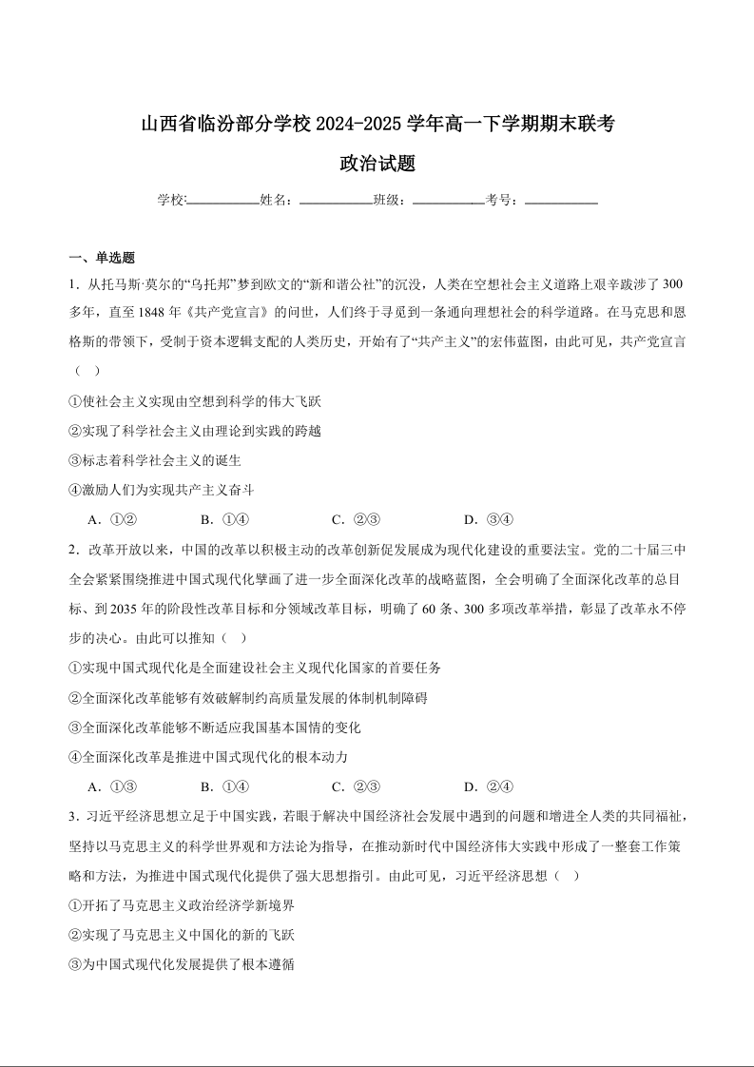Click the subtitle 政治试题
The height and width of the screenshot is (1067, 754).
[x=377, y=164]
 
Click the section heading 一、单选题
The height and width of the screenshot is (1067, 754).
[x=102, y=258]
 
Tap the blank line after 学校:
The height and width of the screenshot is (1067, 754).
[x=223, y=202]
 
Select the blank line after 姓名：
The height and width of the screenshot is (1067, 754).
[x=336, y=202]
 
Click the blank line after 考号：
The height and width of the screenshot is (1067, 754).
[x=561, y=202]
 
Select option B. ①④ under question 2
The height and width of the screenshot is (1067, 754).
[x=224, y=786]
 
